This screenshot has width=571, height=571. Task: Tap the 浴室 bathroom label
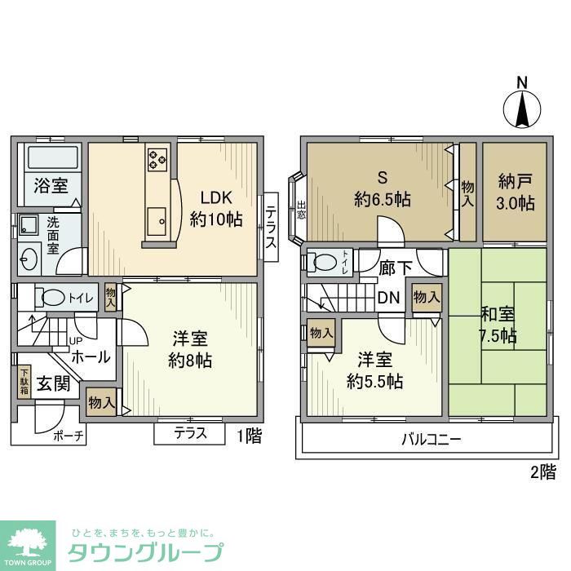pos(51,185)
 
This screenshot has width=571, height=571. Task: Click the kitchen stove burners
pos(157,159)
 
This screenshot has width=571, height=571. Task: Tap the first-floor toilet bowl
pos(56,298)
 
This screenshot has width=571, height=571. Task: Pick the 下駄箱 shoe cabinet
pos(24,382)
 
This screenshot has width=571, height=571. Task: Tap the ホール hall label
pos(91,356)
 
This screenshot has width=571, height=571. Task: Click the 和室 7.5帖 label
pos(498,325)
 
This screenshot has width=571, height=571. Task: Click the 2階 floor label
pos(545,471)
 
